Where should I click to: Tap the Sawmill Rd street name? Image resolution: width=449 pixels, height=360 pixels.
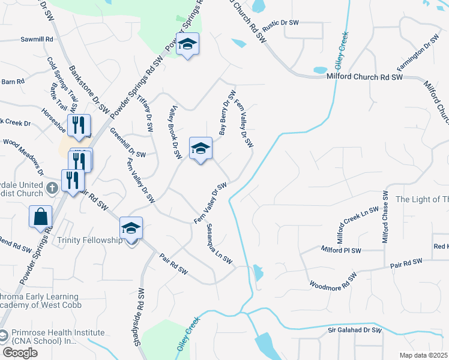pos(37,39)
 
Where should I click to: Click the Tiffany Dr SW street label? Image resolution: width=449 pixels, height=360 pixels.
pos(146,113)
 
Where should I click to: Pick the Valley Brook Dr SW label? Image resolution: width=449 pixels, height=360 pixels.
pos(174,133)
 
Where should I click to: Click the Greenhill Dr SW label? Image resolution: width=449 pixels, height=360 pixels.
pos(128,154)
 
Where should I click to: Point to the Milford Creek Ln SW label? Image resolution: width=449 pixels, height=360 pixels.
pos(358,224)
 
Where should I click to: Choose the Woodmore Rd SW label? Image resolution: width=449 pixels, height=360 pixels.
pos(333,280)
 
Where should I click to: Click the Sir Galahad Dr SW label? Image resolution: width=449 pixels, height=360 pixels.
pos(355,330)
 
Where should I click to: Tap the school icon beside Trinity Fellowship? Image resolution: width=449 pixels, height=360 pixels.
pos(131,229)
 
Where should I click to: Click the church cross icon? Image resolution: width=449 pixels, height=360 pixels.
pos(52,187)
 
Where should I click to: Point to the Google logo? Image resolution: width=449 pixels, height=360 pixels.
pos(20,353)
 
